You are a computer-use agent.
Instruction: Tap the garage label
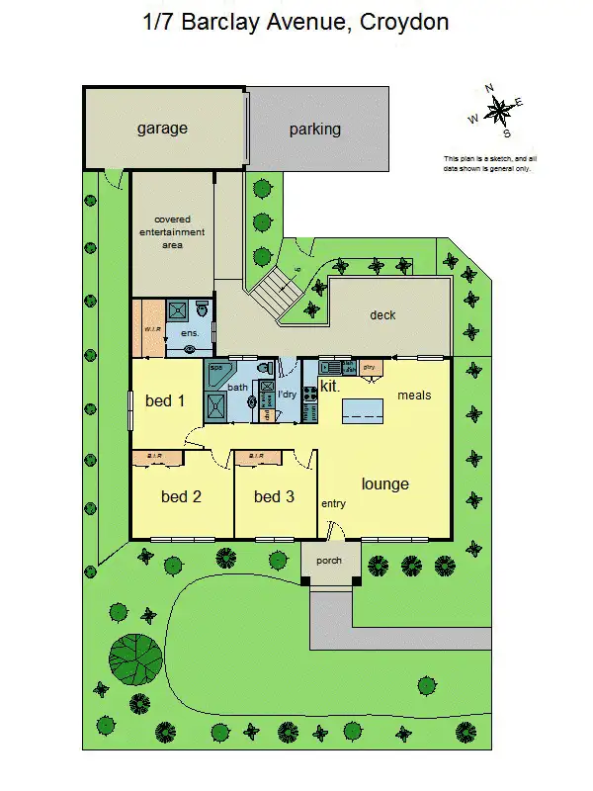(162, 129)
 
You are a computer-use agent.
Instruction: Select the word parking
(314, 129)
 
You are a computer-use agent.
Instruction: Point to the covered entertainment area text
(179, 231)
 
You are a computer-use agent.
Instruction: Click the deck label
(382, 315)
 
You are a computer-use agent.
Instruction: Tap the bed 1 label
(165, 400)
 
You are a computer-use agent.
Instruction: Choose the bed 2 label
(181, 496)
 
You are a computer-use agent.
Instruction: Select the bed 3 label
(274, 496)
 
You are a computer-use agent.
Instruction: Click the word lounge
(384, 483)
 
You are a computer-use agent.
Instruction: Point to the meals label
(414, 395)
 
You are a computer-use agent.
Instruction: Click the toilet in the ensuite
(203, 308)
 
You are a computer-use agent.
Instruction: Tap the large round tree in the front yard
(135, 657)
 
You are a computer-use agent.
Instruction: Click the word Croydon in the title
(404, 21)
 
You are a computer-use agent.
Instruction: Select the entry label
(333, 504)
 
